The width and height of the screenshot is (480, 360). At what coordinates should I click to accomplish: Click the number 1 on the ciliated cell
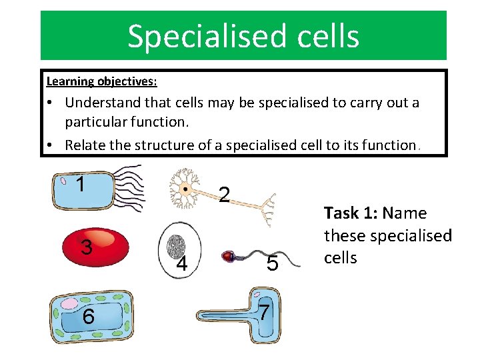coord(81,184)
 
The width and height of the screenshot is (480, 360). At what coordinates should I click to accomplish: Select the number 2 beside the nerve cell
coord(225,194)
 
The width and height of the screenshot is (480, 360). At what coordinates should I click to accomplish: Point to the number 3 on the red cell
coord(86,247)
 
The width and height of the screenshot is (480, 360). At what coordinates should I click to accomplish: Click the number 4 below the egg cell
coord(181,265)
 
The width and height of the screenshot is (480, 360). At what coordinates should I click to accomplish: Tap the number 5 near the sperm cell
coord(272,264)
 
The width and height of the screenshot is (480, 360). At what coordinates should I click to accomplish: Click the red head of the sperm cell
coord(229,255)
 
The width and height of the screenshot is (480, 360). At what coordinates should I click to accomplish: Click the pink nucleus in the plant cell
coord(69,304)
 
